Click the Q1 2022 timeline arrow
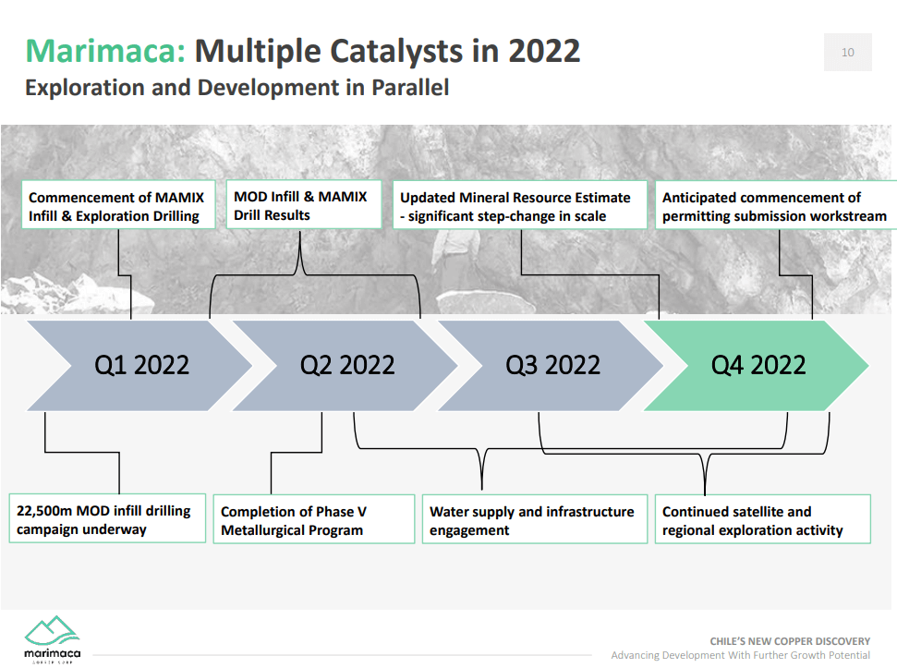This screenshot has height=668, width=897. click(x=141, y=365)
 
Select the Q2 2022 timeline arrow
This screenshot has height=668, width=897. click(x=346, y=365)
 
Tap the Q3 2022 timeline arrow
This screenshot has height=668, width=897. click(x=552, y=365)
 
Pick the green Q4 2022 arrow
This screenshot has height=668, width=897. click(x=758, y=365)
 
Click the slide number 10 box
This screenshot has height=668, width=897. click(x=847, y=53)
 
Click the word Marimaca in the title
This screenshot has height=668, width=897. click(x=105, y=50)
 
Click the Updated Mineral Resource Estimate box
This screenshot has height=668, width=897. click(x=519, y=206)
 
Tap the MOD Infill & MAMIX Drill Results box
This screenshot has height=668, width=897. click(x=303, y=205)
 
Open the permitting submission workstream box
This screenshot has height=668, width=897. click(x=775, y=206)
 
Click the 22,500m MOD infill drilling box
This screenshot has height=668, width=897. click(x=107, y=519)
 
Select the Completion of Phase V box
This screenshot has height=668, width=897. click(x=314, y=520)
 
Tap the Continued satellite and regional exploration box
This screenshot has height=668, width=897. click(x=764, y=520)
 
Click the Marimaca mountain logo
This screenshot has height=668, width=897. click(x=52, y=632)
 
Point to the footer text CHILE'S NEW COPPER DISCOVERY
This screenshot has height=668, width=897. click(x=789, y=640)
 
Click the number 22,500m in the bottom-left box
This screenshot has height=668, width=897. click(x=45, y=510)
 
